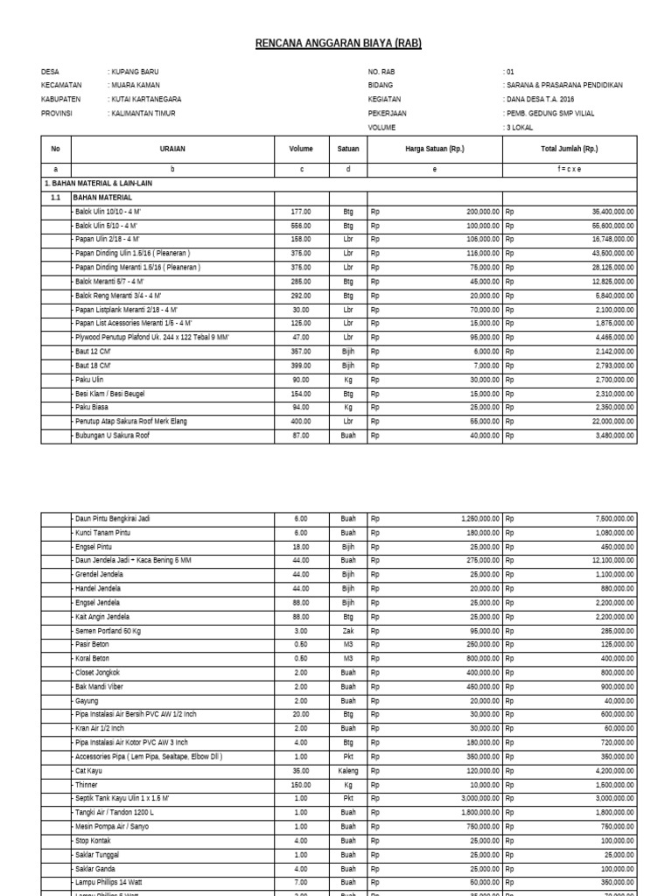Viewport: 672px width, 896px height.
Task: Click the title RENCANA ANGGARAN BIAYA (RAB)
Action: tap(338, 43)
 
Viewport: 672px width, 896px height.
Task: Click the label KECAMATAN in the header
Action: tap(61, 85)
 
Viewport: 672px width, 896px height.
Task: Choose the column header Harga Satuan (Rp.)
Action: tap(435, 149)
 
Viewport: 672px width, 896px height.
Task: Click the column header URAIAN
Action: tap(172, 149)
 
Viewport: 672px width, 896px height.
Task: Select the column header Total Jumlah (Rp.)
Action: tap(570, 149)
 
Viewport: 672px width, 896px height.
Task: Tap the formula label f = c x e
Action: tap(570, 169)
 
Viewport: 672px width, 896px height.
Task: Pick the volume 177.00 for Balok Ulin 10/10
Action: tap(300, 212)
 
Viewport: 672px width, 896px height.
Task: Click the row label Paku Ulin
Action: tap(90, 380)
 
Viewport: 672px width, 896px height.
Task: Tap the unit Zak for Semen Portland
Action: tap(347, 631)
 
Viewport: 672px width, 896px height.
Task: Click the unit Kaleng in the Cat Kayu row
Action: tap(347, 771)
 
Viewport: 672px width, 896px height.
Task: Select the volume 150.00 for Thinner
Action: tap(300, 785)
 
